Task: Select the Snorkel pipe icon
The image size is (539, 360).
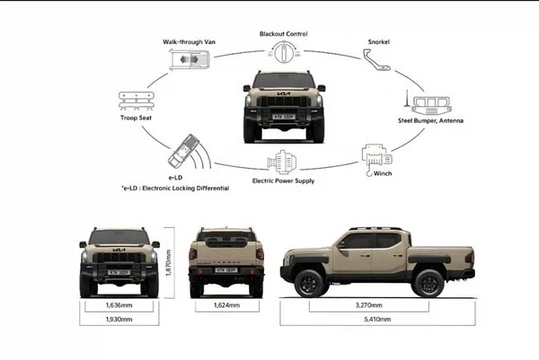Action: [x=379, y=62]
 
